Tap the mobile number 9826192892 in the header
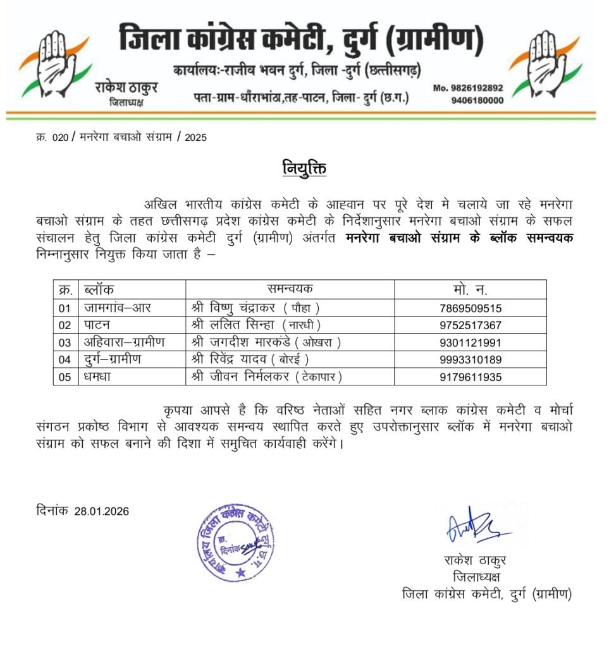coord(468,88)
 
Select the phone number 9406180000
coord(477,100)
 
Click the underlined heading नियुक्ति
coord(304,169)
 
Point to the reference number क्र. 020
coord(51,136)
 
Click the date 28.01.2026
coord(101,511)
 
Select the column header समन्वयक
coord(290,289)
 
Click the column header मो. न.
coord(470,290)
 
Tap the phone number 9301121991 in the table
coord(470,342)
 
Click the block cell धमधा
coord(99,377)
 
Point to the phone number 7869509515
coord(470,308)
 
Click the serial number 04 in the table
coord(65,360)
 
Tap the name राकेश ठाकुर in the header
coord(126,88)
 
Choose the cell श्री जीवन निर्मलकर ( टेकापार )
coord(266,377)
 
